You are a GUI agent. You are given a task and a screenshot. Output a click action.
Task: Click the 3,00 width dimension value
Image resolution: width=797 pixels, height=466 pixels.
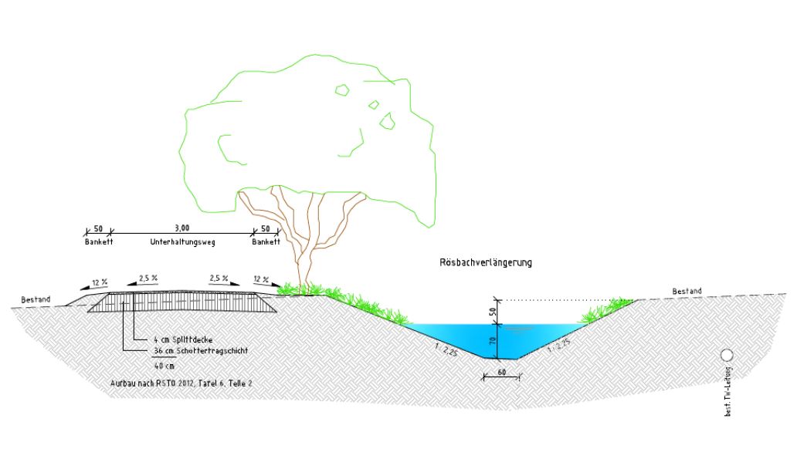(182, 228)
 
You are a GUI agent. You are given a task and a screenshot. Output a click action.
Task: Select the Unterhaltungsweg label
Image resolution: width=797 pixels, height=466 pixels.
(181, 242)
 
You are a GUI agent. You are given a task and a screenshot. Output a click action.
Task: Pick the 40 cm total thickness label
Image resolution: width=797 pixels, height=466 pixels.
(164, 366)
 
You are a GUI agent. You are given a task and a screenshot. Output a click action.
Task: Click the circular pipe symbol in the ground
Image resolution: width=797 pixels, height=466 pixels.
(727, 356)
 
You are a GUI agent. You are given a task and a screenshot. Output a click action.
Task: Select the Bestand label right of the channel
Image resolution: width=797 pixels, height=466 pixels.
(687, 292)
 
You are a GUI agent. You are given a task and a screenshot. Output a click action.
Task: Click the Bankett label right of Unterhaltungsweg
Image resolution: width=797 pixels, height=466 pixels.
(266, 242)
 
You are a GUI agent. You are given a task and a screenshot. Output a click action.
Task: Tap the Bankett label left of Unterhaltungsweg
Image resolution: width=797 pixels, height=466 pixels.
(98, 242)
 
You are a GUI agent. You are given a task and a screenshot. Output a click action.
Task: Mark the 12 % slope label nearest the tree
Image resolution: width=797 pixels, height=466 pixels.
(262, 279)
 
